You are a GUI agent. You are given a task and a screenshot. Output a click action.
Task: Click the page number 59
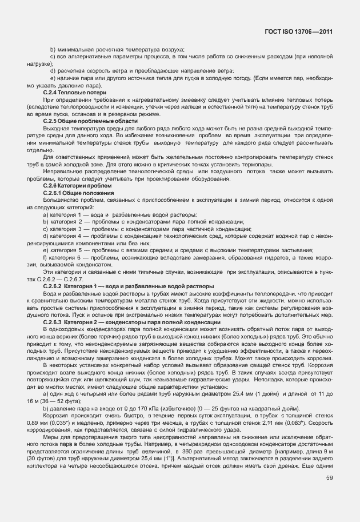pyautogui.click(x=330, y=493)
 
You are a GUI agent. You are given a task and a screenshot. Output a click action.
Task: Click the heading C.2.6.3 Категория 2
pyautogui.click(x=133, y=322)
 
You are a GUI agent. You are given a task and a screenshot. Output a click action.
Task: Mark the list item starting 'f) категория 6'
pyautogui.click(x=189, y=257)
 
